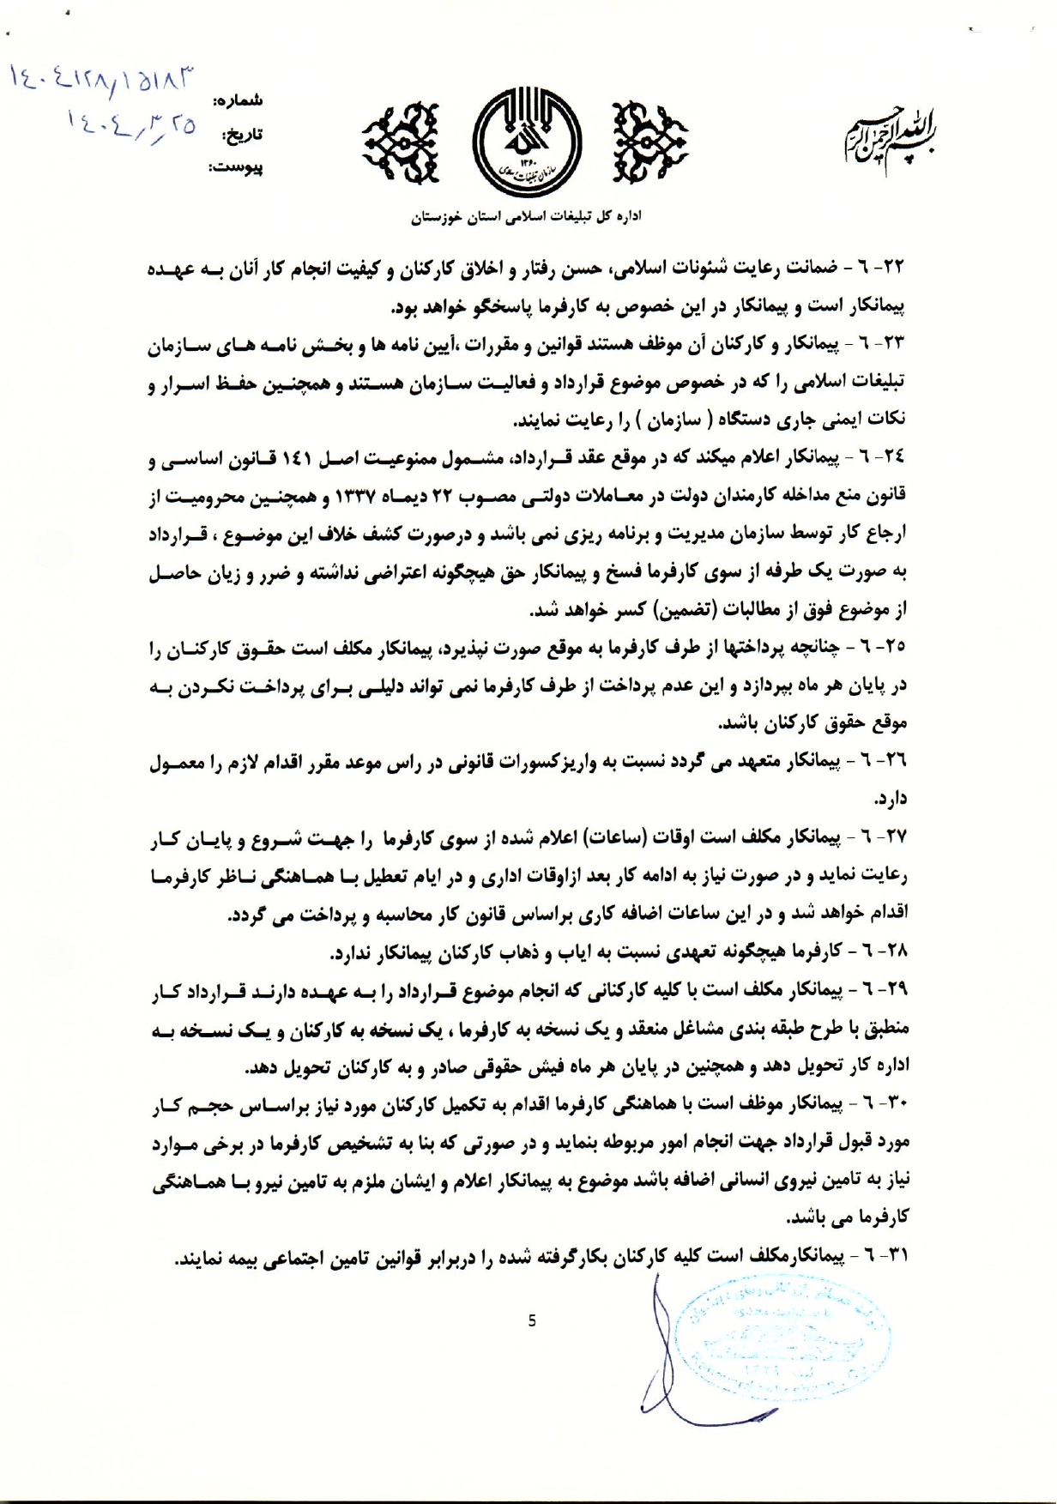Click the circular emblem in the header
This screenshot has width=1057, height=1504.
point(528,140)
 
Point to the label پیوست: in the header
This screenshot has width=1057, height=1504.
point(237,168)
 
